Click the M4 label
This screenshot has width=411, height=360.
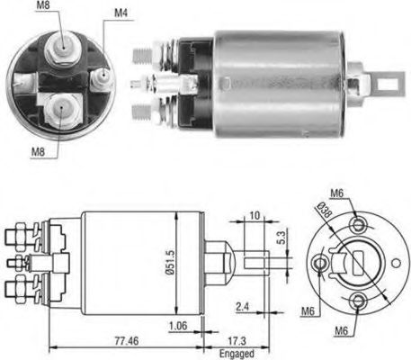[x=121, y=14]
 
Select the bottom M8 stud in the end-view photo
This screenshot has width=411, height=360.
[x=59, y=109]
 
